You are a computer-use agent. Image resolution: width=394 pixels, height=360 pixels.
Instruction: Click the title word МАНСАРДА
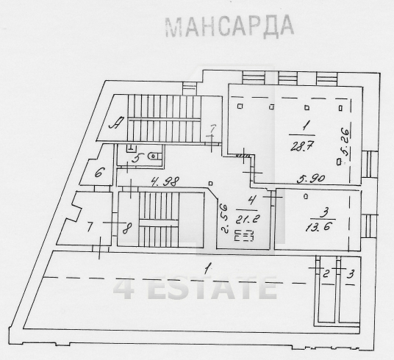tap(229, 25)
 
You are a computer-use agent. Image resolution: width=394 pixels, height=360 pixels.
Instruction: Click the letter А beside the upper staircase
tap(115, 123)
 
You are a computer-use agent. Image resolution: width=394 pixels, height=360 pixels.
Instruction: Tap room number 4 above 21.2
tap(251, 199)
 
